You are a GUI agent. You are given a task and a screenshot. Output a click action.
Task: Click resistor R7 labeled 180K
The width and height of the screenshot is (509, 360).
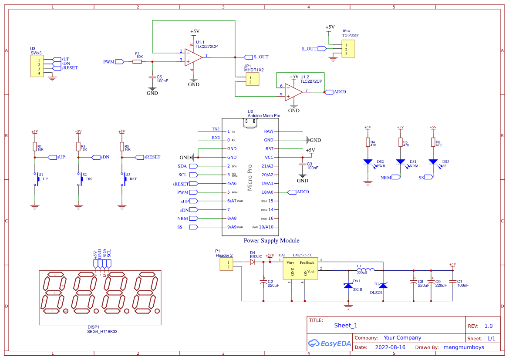[137, 62]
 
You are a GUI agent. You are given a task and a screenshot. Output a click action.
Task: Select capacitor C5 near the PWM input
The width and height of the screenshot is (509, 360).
[152, 77]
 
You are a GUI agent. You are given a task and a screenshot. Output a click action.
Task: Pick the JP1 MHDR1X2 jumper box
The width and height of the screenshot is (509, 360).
[252, 80]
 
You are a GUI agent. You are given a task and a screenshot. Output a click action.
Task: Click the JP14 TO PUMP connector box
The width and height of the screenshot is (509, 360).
[348, 49]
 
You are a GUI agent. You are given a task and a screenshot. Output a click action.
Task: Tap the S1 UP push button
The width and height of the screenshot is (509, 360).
[36, 179]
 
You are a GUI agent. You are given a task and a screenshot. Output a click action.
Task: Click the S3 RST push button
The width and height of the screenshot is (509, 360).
[123, 179]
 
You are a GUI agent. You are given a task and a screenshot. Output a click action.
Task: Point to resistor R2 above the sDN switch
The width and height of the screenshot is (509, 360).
[78, 146]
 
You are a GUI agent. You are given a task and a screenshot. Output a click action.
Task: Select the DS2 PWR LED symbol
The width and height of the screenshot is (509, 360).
[368, 162]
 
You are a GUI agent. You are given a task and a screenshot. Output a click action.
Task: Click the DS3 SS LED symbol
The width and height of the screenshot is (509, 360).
[433, 162]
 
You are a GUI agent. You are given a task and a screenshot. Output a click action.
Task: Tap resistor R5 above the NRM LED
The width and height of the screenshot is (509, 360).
[400, 143]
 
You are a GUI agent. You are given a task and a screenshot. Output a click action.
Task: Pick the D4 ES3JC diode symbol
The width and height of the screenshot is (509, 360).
[253, 262]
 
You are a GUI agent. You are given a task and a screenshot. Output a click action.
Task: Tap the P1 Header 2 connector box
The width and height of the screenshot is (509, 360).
[226, 264]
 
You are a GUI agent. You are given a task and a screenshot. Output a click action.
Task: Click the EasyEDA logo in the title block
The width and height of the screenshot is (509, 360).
[329, 343]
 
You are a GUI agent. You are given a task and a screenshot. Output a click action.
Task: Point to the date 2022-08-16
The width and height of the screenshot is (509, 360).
[390, 347]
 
